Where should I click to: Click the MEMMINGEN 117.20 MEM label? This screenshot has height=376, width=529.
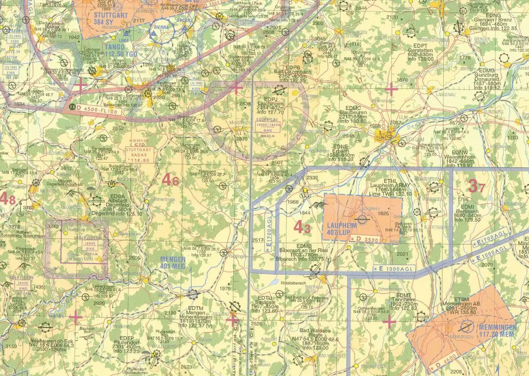498,330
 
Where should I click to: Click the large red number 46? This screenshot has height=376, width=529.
170,180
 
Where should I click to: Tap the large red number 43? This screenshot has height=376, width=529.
302,227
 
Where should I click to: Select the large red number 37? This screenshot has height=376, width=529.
476,187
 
